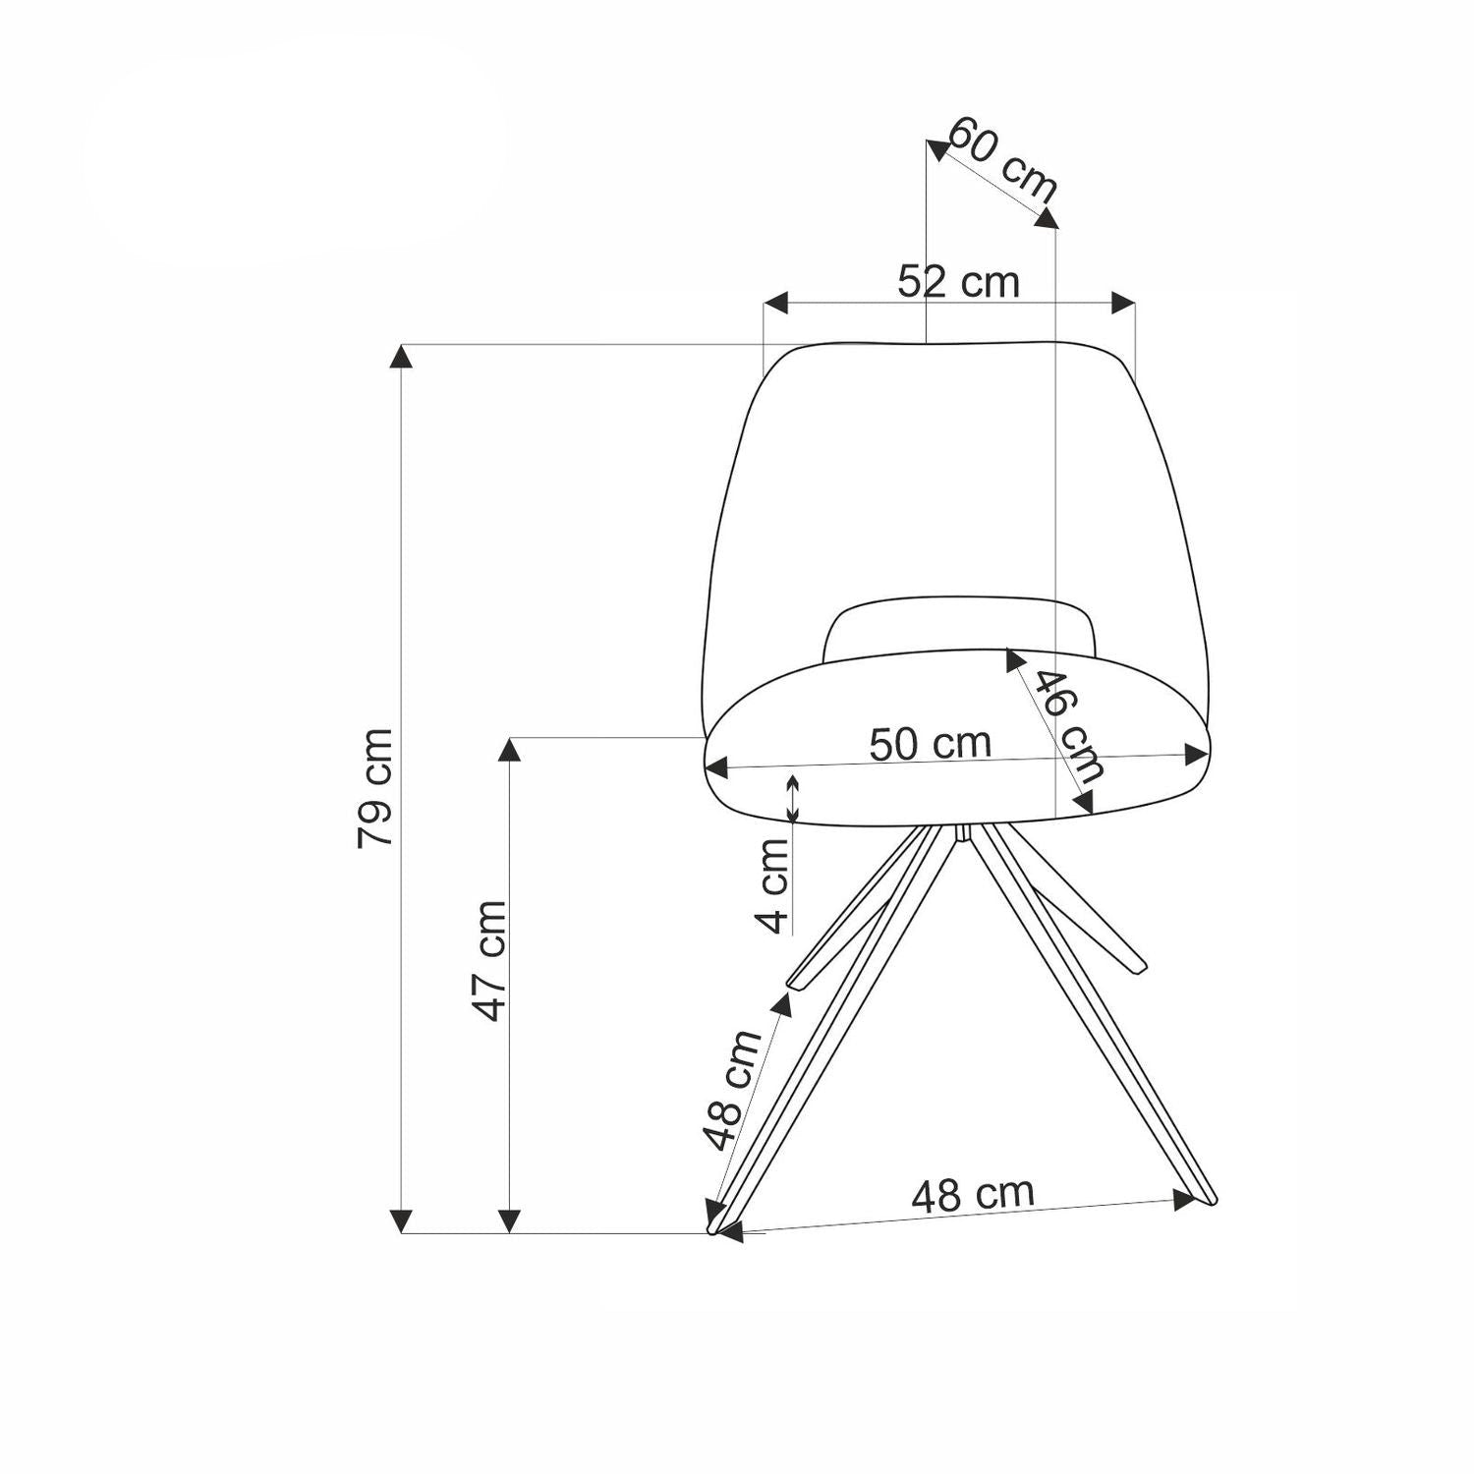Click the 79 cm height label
tap(375, 787)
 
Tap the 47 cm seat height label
tap(488, 961)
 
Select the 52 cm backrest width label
tap(958, 282)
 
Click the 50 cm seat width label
tap(931, 743)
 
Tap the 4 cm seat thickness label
tap(775, 885)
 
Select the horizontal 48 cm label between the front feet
tap(973, 1194)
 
